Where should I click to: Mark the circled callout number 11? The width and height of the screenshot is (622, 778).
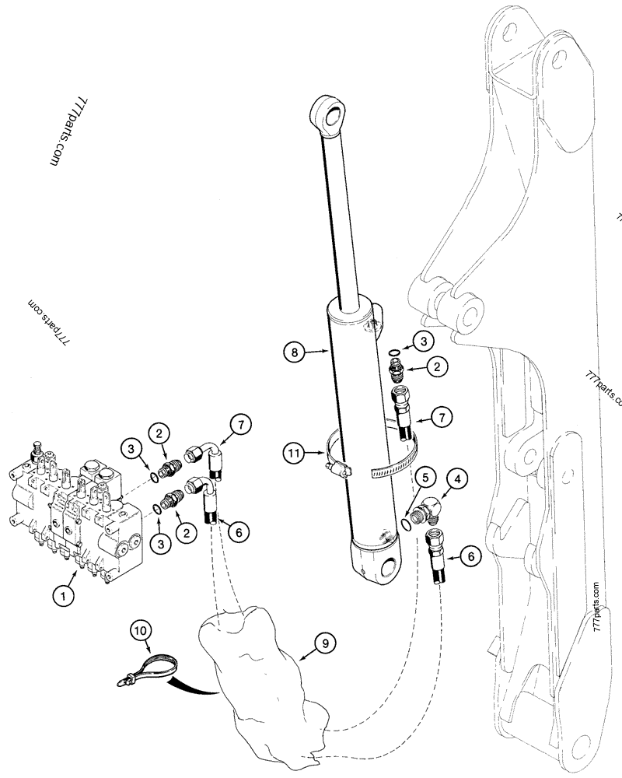(294, 450)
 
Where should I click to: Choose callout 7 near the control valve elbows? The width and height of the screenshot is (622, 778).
(241, 425)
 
